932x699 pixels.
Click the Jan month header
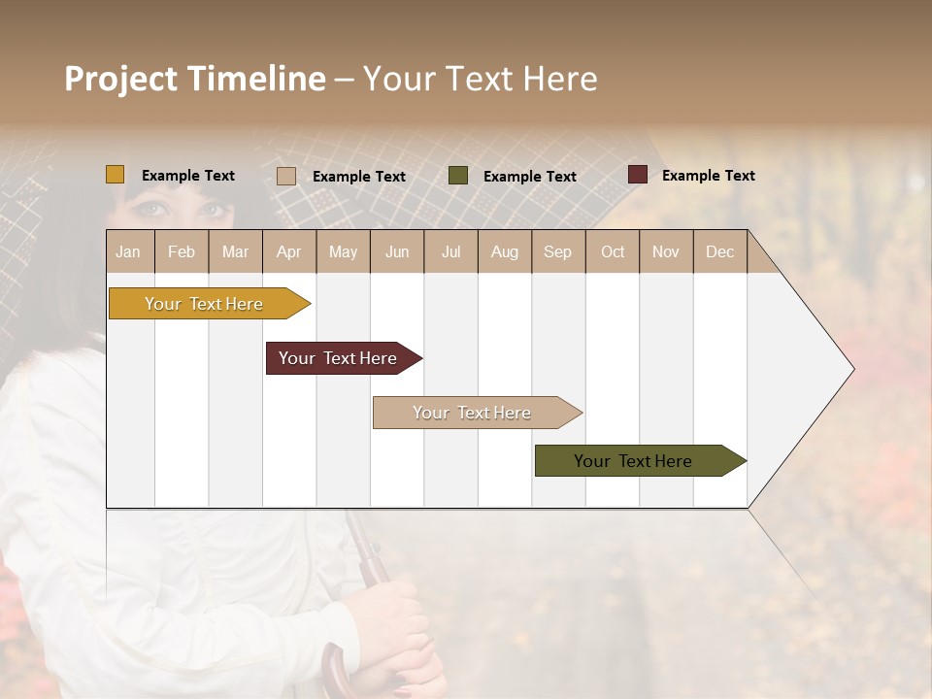[x=129, y=251]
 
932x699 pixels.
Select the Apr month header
[x=289, y=251]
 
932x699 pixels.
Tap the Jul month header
[x=450, y=251]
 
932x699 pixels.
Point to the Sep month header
[x=558, y=251]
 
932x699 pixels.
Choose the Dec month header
[x=720, y=251]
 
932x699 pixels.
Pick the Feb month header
[x=182, y=251]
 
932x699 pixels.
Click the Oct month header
[x=613, y=251]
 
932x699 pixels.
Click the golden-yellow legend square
[x=116, y=175]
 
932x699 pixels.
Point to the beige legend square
[x=286, y=176]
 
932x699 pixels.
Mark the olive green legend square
[x=458, y=176]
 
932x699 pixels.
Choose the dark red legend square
[x=637, y=175]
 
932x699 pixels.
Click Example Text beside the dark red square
[x=708, y=176]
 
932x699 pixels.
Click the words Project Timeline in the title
[x=195, y=79]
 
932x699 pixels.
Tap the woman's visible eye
[x=150, y=208]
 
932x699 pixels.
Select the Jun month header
[x=397, y=251]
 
